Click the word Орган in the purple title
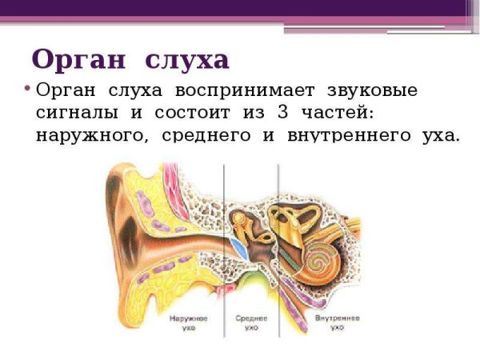click(78, 59)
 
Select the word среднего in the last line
click(209, 135)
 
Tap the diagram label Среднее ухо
click(251, 322)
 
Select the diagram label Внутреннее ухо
click(337, 322)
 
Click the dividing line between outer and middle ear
click(224, 240)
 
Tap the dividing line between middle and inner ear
click(278, 240)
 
